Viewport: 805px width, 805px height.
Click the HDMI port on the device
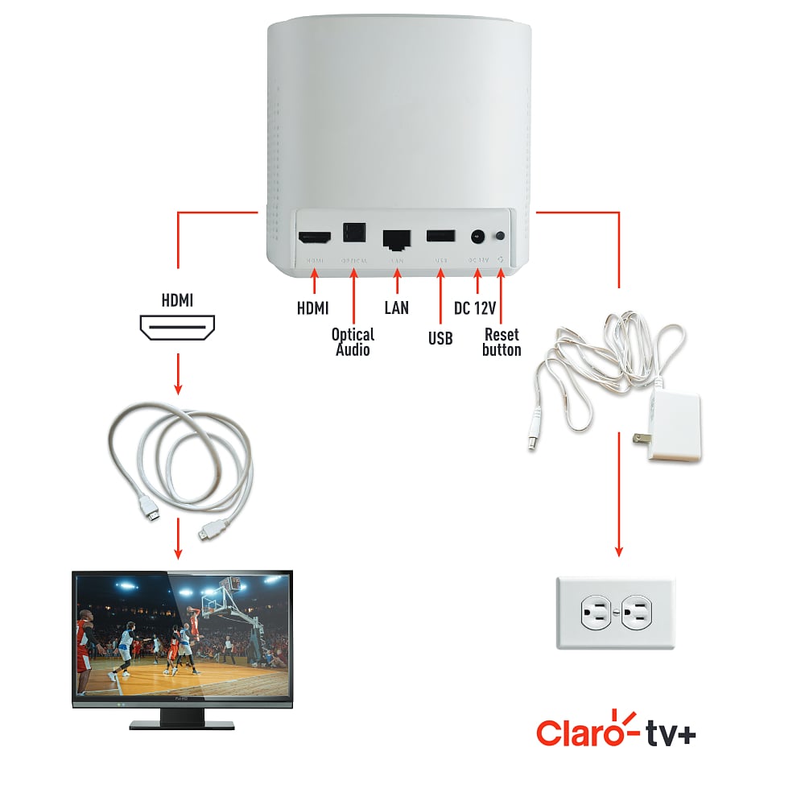(x=315, y=238)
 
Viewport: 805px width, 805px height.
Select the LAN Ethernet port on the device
(x=397, y=238)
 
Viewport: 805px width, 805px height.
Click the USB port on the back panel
(x=440, y=237)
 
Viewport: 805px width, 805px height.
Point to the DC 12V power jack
(x=477, y=237)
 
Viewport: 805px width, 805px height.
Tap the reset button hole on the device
(x=502, y=237)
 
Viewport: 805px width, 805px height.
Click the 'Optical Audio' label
(x=353, y=341)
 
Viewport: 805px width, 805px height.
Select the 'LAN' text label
(x=397, y=308)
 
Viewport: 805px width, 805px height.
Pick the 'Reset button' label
(x=502, y=341)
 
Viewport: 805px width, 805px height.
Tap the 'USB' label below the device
(x=440, y=338)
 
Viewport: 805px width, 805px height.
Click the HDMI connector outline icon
(x=178, y=328)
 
